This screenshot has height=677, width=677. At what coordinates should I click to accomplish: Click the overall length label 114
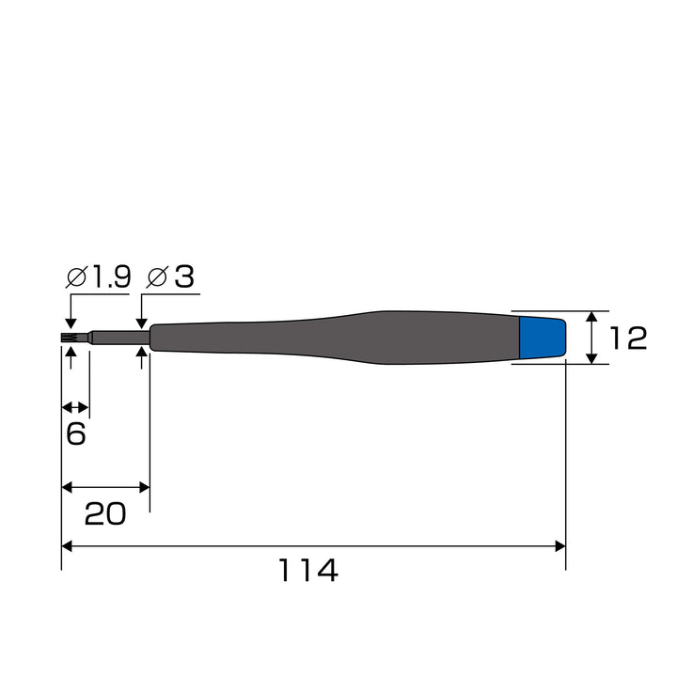(307, 570)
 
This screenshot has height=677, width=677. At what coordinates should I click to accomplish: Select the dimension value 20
(105, 513)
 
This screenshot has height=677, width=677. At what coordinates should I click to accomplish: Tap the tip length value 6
(76, 433)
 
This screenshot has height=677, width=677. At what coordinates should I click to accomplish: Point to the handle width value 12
(628, 338)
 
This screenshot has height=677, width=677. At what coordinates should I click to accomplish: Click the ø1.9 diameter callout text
(98, 276)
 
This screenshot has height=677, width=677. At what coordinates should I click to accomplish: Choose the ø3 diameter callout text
(170, 276)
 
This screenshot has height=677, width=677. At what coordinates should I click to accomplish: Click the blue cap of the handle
(543, 338)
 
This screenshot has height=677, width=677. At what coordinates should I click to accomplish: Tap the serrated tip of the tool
(69, 338)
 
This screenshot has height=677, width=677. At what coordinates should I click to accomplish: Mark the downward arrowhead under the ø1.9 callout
(71, 323)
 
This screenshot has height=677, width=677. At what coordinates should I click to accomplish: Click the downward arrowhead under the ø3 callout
(141, 323)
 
